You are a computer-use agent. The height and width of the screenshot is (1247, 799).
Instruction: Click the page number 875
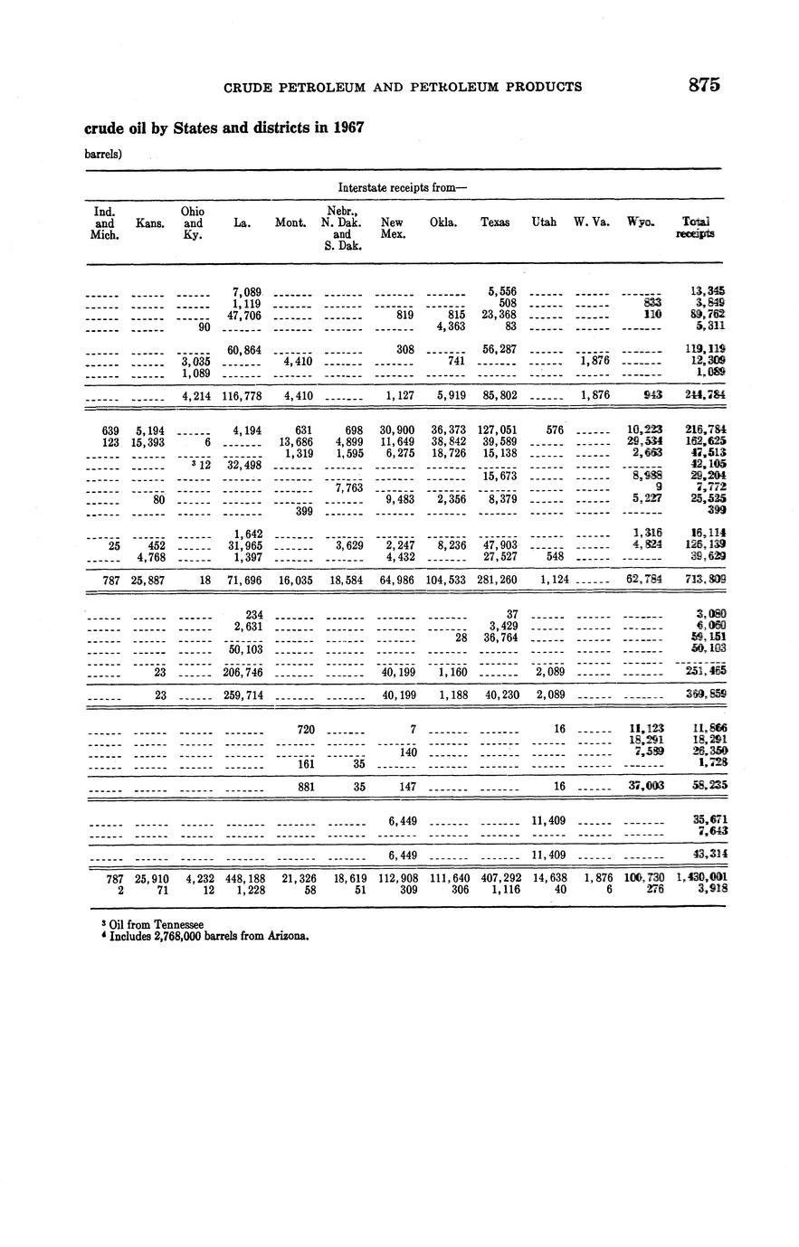(x=703, y=86)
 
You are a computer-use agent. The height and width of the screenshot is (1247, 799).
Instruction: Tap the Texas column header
(x=495, y=222)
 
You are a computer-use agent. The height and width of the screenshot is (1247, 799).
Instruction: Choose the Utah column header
(x=544, y=222)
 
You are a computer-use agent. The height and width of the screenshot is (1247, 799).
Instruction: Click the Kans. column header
(x=150, y=222)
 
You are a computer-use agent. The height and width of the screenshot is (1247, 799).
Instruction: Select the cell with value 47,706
(x=247, y=315)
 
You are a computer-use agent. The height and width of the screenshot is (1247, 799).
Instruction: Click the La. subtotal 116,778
(x=243, y=395)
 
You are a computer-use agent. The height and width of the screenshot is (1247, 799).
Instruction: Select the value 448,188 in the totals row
(x=243, y=877)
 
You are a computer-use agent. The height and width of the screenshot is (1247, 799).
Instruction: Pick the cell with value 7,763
(x=348, y=487)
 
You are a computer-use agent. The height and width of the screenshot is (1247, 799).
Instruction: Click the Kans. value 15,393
(x=147, y=442)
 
